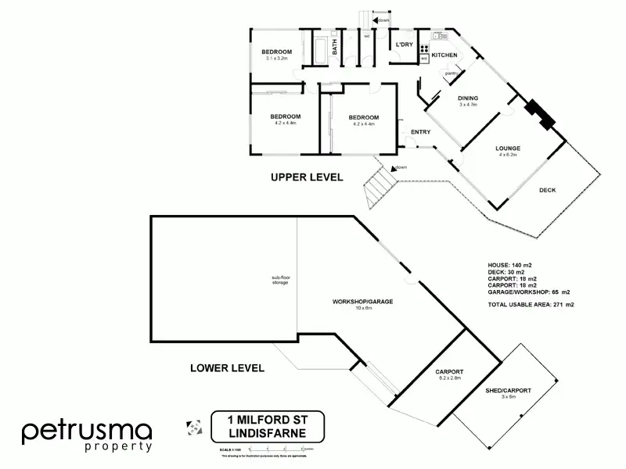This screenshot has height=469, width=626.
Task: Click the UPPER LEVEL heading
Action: tap(307, 177)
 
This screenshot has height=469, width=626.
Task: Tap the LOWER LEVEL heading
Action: tap(228, 367)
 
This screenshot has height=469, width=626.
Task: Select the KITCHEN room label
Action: tap(444, 55)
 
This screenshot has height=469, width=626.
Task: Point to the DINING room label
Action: tap(468, 98)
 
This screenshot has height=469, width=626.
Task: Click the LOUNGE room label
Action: tap(508, 149)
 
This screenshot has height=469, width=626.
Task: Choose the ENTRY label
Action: tap(420, 131)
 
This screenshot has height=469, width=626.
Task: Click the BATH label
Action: tap(335, 48)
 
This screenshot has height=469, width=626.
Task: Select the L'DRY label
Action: tap(405, 45)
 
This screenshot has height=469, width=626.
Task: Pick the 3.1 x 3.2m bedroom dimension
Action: tap(277, 59)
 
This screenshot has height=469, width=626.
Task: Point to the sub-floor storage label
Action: tap(280, 279)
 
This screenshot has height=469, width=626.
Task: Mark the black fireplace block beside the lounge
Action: tap(540, 113)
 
